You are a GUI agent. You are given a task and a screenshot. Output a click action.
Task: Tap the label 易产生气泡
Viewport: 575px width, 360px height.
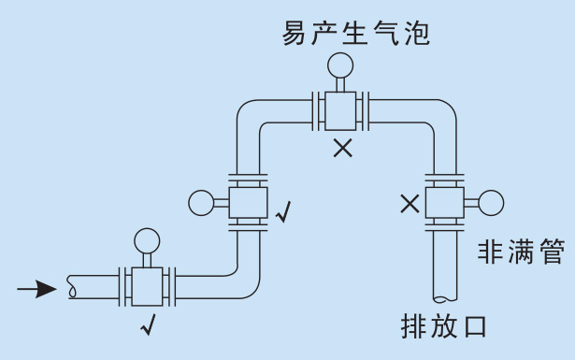(356, 36)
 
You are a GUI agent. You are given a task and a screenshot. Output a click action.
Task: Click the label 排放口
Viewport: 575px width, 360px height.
(444, 327)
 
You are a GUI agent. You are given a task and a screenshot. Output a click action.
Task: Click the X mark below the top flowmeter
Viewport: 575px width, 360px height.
(343, 147)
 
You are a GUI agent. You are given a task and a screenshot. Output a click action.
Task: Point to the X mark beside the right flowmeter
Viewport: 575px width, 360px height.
(410, 203)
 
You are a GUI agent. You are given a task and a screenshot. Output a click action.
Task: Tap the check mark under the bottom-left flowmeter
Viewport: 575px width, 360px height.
(147, 326)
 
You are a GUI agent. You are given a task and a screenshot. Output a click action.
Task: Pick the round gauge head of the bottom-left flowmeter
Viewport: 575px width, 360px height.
(147, 240)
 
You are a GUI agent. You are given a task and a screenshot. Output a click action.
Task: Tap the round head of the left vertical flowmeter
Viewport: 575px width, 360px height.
(200, 201)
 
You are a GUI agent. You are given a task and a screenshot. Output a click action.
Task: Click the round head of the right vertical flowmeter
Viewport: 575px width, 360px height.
(491, 201)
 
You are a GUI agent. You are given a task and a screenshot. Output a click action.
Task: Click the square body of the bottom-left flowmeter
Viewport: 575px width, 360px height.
(147, 284)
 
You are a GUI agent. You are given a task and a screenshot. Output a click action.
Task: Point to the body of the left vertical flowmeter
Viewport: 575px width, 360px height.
(246, 201)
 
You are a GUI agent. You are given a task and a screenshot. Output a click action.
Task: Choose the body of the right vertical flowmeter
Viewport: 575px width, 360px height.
(442, 201)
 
